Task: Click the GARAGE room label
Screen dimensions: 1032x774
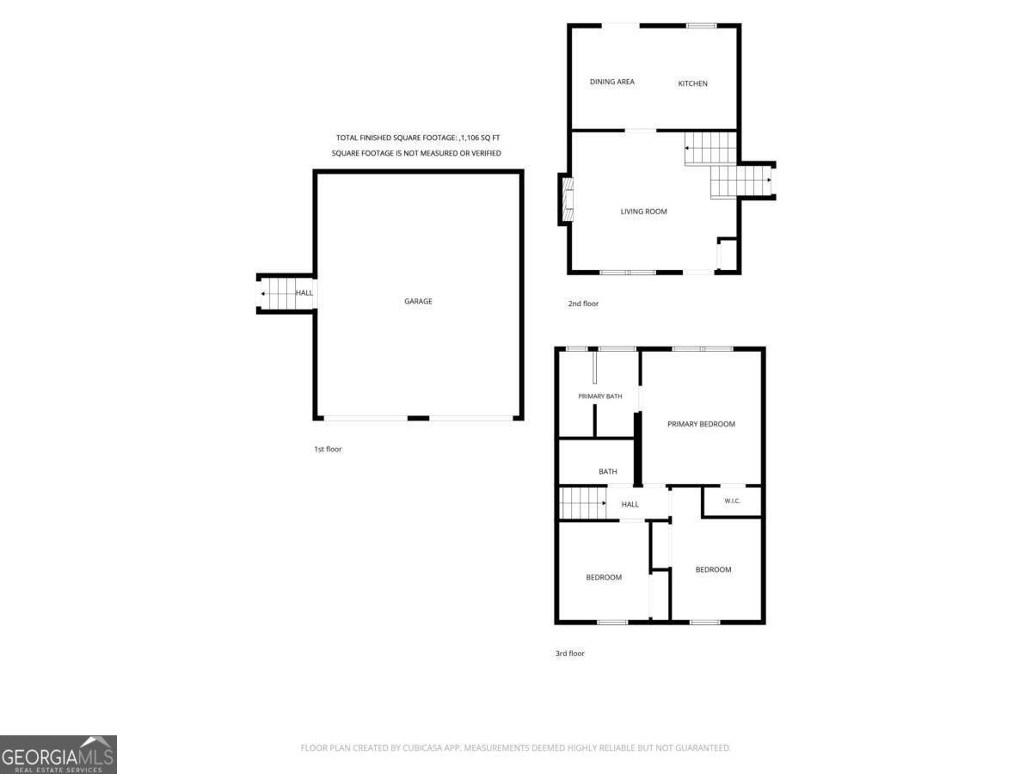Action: tap(418, 301)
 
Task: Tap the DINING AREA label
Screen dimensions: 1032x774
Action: tap(611, 82)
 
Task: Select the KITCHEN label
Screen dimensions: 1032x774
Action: tap(692, 83)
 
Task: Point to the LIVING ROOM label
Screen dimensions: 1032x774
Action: tap(643, 212)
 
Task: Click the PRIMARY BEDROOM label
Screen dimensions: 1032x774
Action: tap(701, 424)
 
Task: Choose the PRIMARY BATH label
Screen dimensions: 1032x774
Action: tap(600, 396)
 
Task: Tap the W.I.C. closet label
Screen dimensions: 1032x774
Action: tap(732, 501)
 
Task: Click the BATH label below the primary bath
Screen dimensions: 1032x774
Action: tap(608, 471)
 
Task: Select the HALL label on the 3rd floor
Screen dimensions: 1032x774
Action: tap(630, 504)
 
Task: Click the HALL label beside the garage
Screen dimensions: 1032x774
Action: tap(304, 292)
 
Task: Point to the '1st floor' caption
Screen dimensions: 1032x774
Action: tap(328, 449)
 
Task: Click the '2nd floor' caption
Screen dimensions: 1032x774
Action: tap(583, 304)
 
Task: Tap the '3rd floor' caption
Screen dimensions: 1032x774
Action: tap(570, 654)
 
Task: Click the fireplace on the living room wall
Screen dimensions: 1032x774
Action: tap(568, 200)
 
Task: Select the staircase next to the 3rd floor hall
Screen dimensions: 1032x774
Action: tap(582, 503)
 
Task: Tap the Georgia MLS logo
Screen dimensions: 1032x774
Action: tap(58, 754)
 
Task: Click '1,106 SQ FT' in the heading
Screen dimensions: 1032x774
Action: tap(480, 138)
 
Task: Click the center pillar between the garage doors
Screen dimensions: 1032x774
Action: tap(418, 418)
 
